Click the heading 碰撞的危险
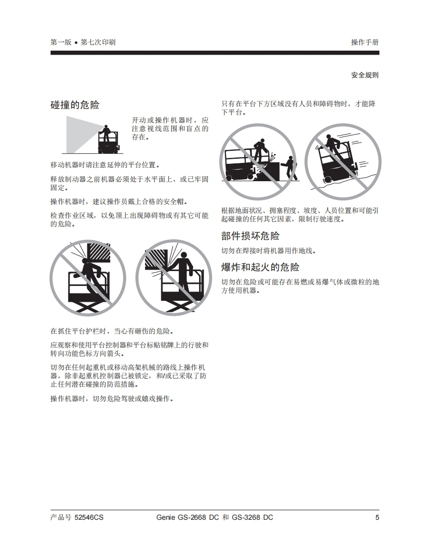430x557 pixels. tap(74, 105)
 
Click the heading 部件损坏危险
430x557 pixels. tap(250, 236)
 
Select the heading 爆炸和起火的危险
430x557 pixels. tap(260, 267)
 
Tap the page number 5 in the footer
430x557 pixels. tap(377, 517)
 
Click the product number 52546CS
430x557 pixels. tap(89, 517)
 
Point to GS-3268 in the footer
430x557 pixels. tap(246, 517)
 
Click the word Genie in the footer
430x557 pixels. tap(166, 517)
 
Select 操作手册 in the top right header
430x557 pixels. tap(365, 42)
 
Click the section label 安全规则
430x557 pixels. tap(365, 75)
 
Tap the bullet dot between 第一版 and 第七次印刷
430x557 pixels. tap(76, 43)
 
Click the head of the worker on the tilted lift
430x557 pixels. tap(328, 137)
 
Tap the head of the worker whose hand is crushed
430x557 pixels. tap(185, 255)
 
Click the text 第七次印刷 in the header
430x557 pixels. tap(98, 42)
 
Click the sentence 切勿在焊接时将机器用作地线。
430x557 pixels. tap(269, 251)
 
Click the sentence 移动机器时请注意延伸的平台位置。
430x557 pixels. tap(105, 165)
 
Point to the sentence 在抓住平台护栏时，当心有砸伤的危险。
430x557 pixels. tap(112, 331)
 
